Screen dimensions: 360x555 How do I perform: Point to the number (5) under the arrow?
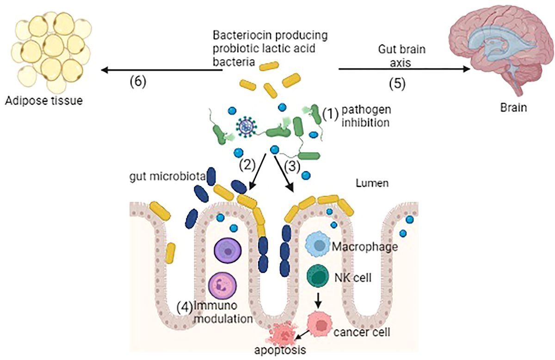click(398, 83)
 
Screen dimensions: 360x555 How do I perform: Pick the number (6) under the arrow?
click(137, 81)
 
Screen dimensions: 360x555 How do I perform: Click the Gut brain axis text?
click(401, 56)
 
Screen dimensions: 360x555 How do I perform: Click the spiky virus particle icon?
click(247, 127)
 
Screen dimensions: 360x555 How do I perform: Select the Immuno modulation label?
click(218, 311)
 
